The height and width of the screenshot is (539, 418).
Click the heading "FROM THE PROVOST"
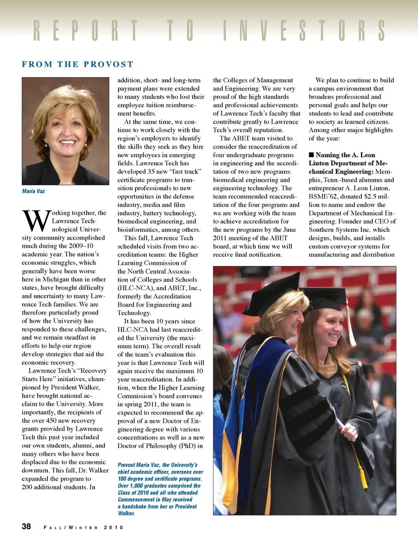coord(78,64)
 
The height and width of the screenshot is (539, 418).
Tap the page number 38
coord(27,526)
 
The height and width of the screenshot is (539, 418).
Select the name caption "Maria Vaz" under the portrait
coord(34,191)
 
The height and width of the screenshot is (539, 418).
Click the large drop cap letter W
coord(36,221)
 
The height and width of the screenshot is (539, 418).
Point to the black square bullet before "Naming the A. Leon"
coord(311,155)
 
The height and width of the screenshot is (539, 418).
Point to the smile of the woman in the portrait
coord(67,142)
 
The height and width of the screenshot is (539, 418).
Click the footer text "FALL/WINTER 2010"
coord(84,527)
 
